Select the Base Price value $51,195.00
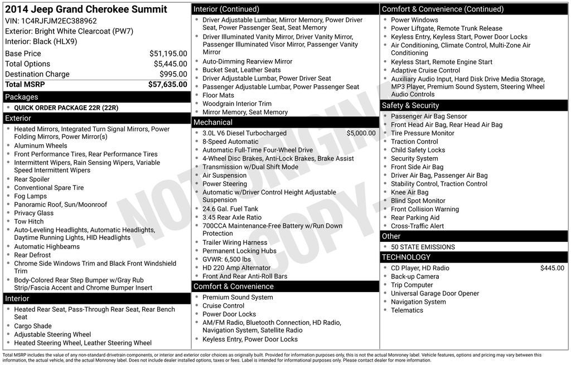(x=168, y=53)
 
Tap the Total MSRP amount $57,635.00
(x=167, y=85)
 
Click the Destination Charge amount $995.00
(x=173, y=74)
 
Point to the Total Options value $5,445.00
(x=170, y=64)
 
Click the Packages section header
(x=22, y=97)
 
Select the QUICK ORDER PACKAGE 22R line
(x=66, y=108)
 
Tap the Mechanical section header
(x=212, y=122)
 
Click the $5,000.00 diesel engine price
(x=361, y=133)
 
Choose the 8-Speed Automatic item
(x=230, y=142)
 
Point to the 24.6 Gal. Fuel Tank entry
(x=230, y=209)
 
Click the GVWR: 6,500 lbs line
(x=226, y=260)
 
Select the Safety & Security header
(x=410, y=105)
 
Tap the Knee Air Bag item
(x=409, y=192)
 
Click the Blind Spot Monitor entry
(x=418, y=201)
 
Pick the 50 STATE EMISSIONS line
(x=423, y=247)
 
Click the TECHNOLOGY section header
(x=406, y=257)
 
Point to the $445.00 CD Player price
(x=552, y=268)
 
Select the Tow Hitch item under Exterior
(x=29, y=221)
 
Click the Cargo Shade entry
(x=33, y=326)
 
